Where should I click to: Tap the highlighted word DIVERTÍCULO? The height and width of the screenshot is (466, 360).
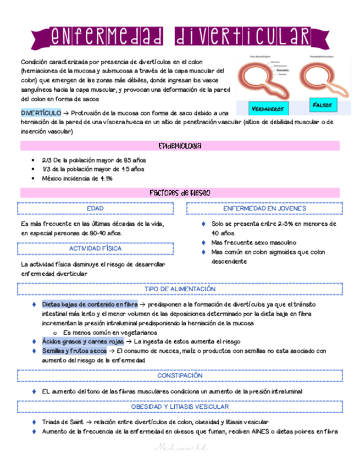[x=41, y=113]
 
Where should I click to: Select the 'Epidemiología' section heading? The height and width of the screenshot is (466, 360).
[x=180, y=146]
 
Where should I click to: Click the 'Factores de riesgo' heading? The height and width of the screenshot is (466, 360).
[x=180, y=193]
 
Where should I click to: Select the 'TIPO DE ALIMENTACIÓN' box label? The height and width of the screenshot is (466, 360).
[x=180, y=289]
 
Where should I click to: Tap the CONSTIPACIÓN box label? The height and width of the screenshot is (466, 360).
[x=180, y=375]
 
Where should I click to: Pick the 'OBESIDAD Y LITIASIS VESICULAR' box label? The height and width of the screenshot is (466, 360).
[x=180, y=407]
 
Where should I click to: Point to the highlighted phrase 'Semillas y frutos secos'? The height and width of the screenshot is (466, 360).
[x=74, y=351]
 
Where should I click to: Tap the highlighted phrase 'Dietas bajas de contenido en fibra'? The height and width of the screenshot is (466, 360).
[x=90, y=304]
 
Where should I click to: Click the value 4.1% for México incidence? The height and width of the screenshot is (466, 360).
[x=104, y=179]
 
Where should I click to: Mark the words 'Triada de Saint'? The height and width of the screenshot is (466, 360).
[x=62, y=422]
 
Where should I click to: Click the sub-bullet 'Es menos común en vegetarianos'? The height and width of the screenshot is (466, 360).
[x=110, y=332]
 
